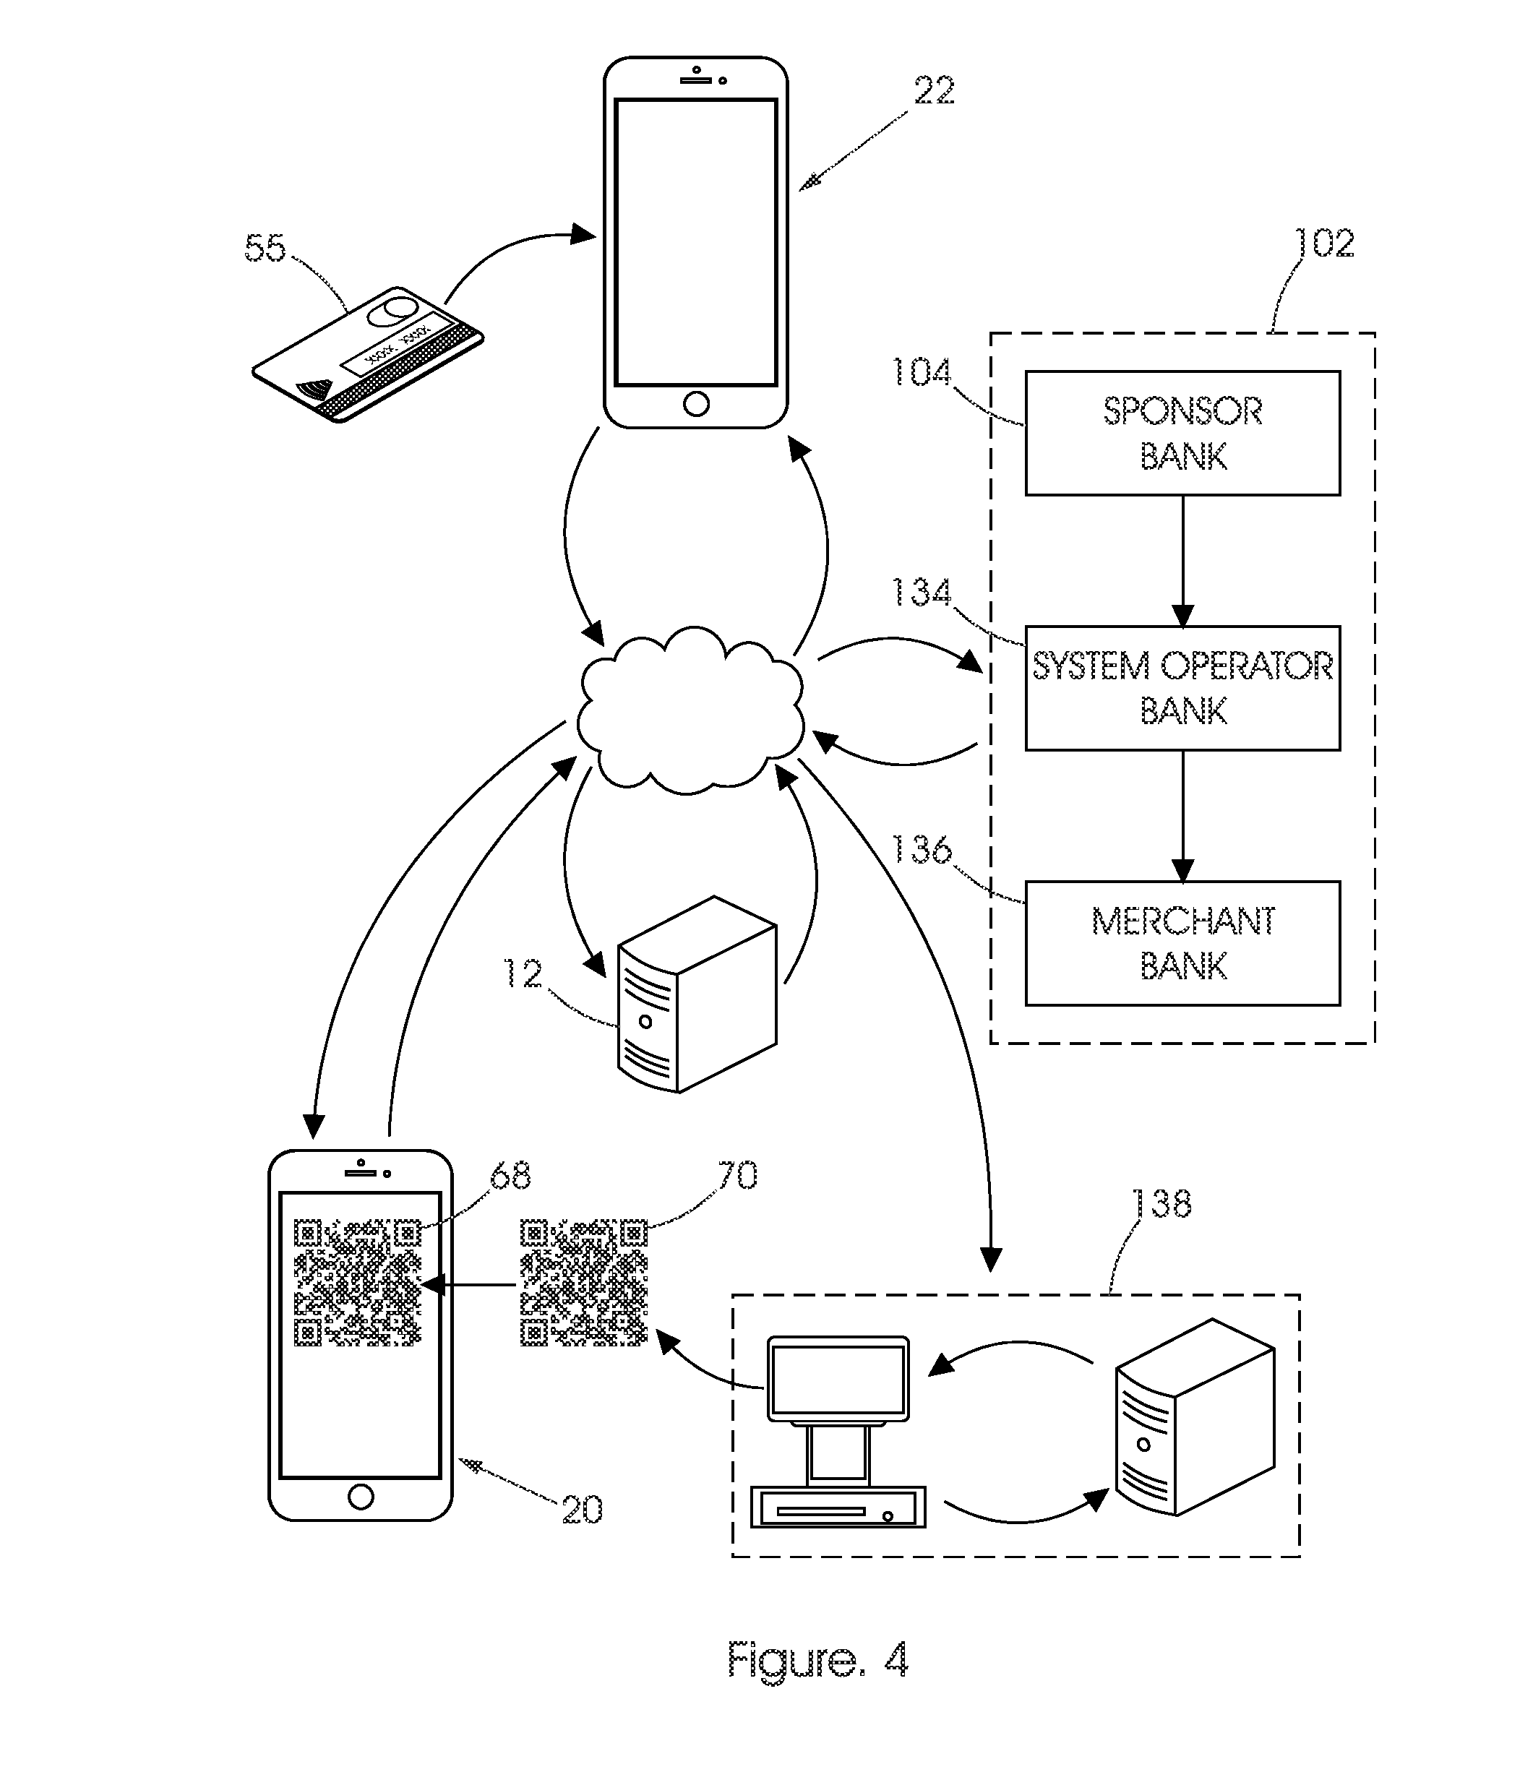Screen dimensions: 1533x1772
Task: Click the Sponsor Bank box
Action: [x=1182, y=433]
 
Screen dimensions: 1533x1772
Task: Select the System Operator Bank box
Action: [x=1182, y=689]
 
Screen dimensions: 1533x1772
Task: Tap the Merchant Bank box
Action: [x=1182, y=943]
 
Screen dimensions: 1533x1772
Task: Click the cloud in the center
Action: [x=690, y=710]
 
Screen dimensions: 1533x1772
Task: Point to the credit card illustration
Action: [x=368, y=354]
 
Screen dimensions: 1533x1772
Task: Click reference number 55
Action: [x=265, y=248]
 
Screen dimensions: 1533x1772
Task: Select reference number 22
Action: [x=934, y=90]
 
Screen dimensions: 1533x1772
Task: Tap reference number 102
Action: [x=1324, y=243]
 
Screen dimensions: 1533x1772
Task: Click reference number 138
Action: [x=1161, y=1204]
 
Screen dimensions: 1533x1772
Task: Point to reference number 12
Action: [x=523, y=974]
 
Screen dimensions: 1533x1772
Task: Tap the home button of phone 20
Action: [x=361, y=1497]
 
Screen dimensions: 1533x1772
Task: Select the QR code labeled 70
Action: [x=584, y=1282]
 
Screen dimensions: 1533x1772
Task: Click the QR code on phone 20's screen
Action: [x=358, y=1282]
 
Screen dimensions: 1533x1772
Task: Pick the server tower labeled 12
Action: [x=697, y=994]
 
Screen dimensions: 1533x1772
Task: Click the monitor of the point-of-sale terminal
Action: [x=838, y=1379]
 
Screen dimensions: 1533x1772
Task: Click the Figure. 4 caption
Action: [x=817, y=1661]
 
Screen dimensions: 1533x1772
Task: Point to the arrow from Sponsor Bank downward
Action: [x=1182, y=561]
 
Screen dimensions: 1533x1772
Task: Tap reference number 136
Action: [x=922, y=850]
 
